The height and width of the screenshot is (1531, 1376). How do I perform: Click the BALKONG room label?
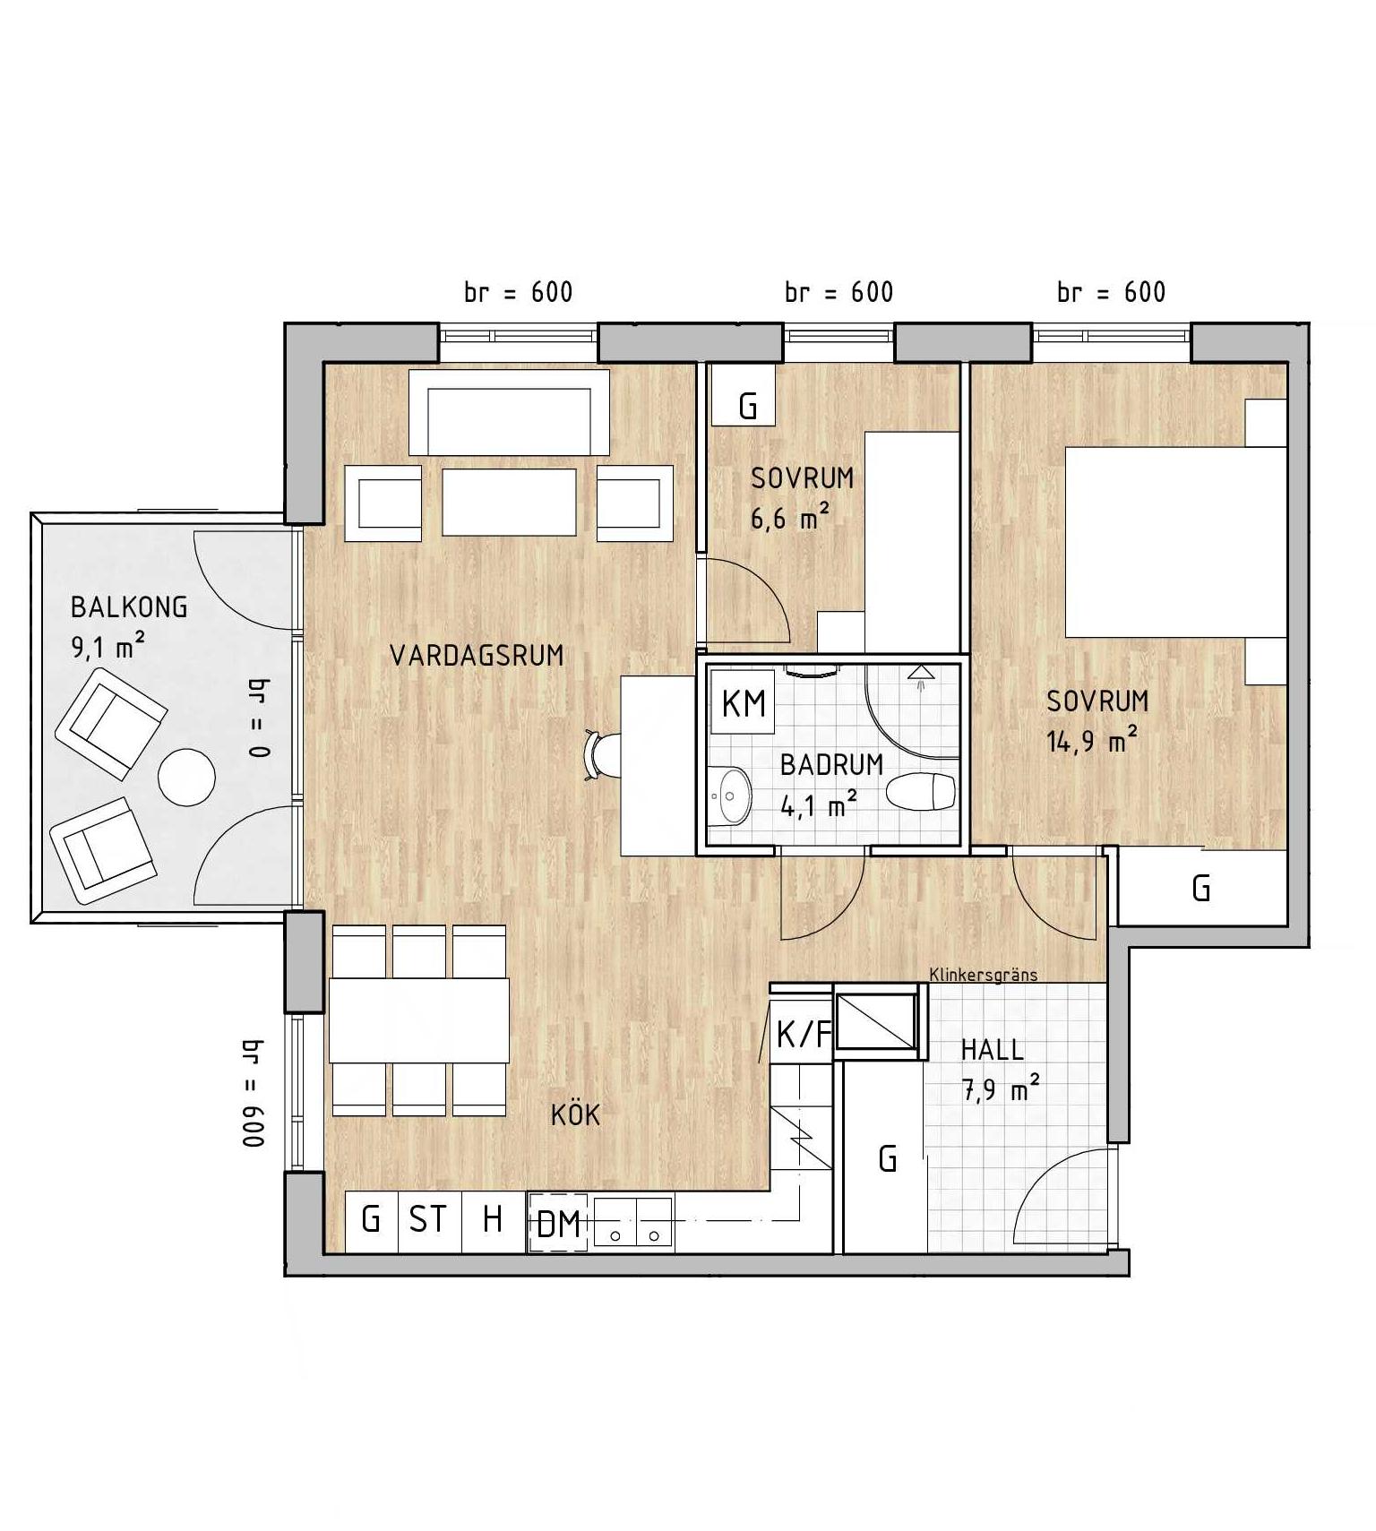tap(129, 607)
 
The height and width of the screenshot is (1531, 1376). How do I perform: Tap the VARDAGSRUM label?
tap(477, 656)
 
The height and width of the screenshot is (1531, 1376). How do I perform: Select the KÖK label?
tap(575, 1114)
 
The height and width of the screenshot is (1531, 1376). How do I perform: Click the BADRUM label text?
tap(831, 765)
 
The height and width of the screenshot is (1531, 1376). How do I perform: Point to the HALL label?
tap(992, 1049)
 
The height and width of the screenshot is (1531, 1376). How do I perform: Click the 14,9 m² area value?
tap(1093, 742)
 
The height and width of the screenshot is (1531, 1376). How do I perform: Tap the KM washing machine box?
tap(743, 702)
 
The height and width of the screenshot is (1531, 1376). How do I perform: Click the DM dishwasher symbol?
tap(557, 1222)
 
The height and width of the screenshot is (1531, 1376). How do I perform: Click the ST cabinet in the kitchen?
tap(428, 1219)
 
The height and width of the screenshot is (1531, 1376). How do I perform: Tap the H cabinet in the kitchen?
tap(493, 1219)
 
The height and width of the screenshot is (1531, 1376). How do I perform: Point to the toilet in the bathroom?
tap(921, 791)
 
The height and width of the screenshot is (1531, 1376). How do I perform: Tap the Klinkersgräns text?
tap(983, 975)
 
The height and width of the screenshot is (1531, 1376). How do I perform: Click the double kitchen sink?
tap(632, 1223)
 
